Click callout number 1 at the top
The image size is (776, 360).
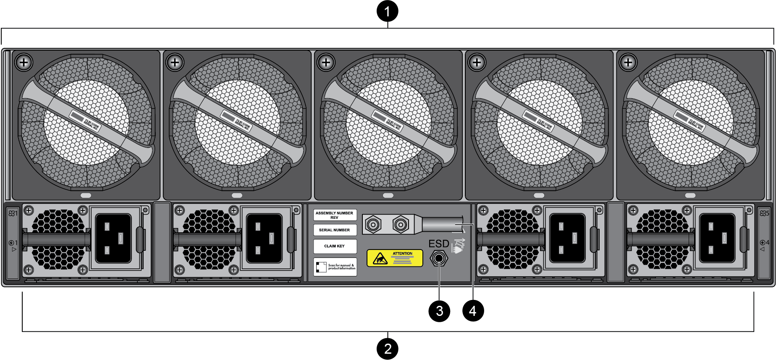click(x=387, y=11)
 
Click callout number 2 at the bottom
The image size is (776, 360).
click(x=387, y=349)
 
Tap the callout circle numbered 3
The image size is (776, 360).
click(x=439, y=311)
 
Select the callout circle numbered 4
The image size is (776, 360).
click(x=473, y=311)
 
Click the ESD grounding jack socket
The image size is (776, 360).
click(x=439, y=258)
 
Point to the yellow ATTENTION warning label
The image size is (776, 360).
click(x=395, y=258)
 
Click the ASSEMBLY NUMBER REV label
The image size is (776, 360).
click(x=335, y=215)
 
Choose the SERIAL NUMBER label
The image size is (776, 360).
click(x=335, y=230)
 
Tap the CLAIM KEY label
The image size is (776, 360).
click(x=335, y=246)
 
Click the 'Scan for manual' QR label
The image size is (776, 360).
click(x=335, y=267)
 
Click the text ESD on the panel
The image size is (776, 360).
click(x=439, y=244)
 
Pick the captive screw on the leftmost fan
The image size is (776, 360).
click(x=24, y=63)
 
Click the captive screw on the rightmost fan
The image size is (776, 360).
click(x=628, y=63)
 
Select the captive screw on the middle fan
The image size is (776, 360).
click(x=326, y=63)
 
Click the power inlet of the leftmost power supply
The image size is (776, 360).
click(x=113, y=238)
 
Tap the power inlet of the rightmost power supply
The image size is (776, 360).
click(x=717, y=238)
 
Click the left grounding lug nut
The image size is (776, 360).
click(x=372, y=224)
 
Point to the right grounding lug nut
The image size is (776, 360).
click(x=401, y=224)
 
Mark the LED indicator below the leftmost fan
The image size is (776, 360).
click(x=86, y=195)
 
